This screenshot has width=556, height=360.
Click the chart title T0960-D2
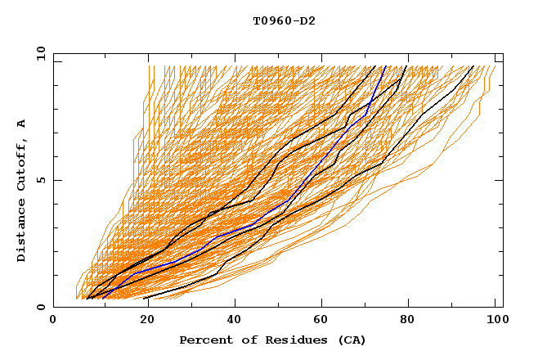pyautogui.click(x=284, y=20)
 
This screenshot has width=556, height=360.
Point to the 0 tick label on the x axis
pyautogui.click(x=53, y=321)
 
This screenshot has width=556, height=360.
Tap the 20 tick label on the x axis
pyautogui.click(x=141, y=321)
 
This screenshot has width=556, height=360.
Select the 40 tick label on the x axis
pyautogui.click(x=231, y=321)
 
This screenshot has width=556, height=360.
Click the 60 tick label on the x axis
pyautogui.click(x=319, y=321)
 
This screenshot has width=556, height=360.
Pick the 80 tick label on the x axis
pyautogui.click(x=407, y=321)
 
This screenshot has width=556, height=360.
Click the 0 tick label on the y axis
pyautogui.click(x=39, y=307)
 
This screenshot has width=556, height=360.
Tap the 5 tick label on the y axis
pyautogui.click(x=39, y=180)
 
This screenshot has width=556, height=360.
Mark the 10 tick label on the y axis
pyautogui.click(x=36, y=52)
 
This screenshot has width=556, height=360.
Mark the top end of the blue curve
pyautogui.click(x=384, y=66)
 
